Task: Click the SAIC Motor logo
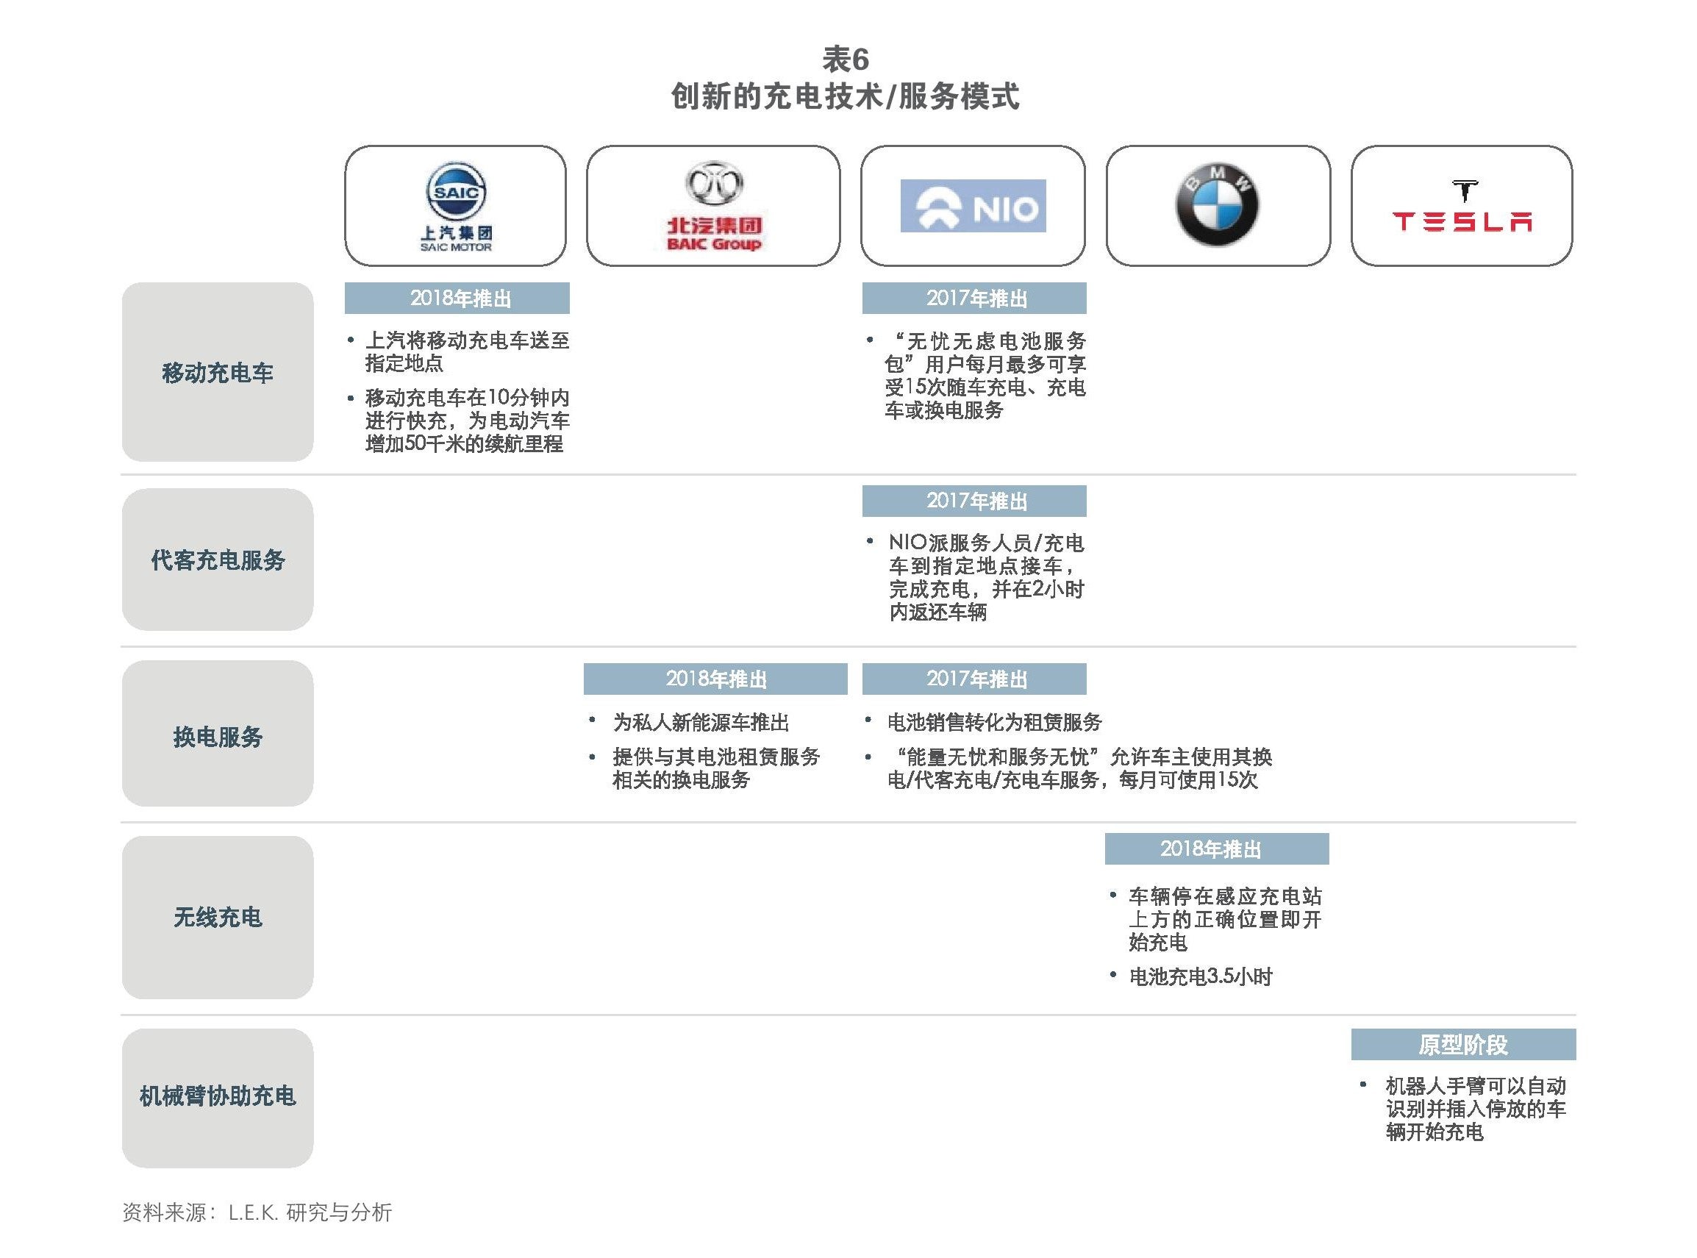pyautogui.click(x=455, y=207)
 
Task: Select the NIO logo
pyautogui.click(x=973, y=206)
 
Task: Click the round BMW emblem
pyautogui.click(x=1217, y=204)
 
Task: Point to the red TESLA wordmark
pyautogui.click(x=1462, y=221)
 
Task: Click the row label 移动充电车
pyautogui.click(x=218, y=372)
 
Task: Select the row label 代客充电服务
pyautogui.click(x=218, y=560)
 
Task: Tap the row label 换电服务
pyautogui.click(x=218, y=737)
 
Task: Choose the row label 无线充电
pyautogui.click(x=218, y=917)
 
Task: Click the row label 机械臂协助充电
pyautogui.click(x=218, y=1096)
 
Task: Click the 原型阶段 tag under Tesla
pyautogui.click(x=1463, y=1044)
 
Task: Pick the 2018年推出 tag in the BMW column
pyautogui.click(x=1217, y=849)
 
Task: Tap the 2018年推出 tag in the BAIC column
pyautogui.click(x=715, y=679)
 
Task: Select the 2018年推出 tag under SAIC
pyautogui.click(x=457, y=298)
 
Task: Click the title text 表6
pyautogui.click(x=845, y=59)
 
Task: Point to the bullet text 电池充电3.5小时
pyautogui.click(x=1201, y=976)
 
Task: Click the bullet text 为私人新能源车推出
pyautogui.click(x=701, y=722)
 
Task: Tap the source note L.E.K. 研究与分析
pyautogui.click(x=310, y=1212)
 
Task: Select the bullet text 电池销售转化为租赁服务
pyautogui.click(x=994, y=722)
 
